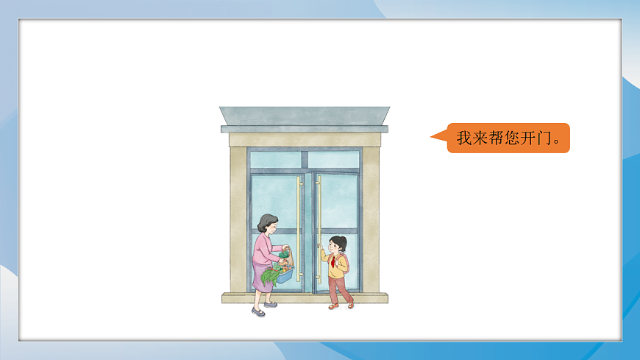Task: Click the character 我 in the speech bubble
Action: pos(464,138)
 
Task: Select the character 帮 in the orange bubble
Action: pos(496,138)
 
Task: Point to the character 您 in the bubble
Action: pos(512,138)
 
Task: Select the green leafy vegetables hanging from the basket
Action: pos(270,276)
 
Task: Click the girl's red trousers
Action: pos(339,289)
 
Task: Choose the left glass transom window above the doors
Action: pos(275,159)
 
